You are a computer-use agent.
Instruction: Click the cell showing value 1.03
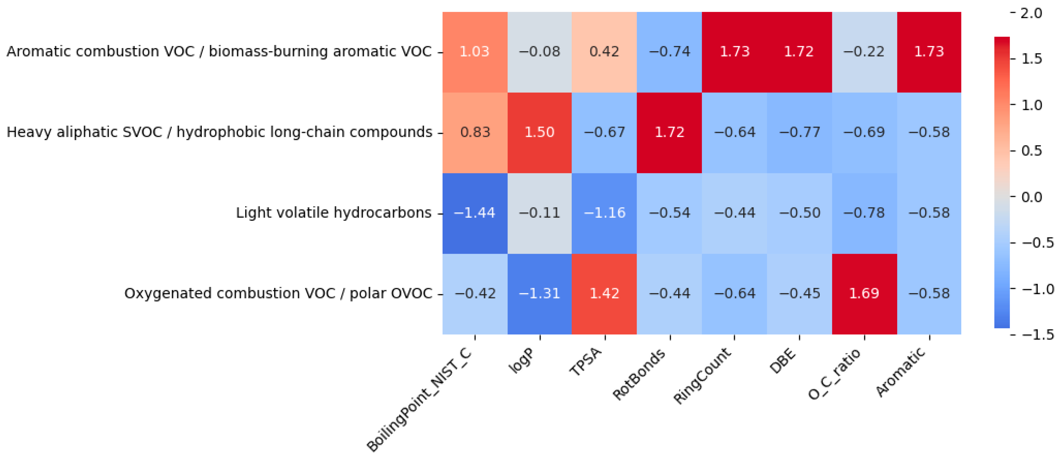(x=475, y=52)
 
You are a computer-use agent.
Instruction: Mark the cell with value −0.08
(x=539, y=52)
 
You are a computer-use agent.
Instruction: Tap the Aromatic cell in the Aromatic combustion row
(x=929, y=52)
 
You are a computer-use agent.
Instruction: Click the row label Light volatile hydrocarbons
(x=334, y=213)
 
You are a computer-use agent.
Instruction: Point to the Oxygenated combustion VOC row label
(x=278, y=294)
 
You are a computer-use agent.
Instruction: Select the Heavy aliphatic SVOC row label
(x=219, y=132)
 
